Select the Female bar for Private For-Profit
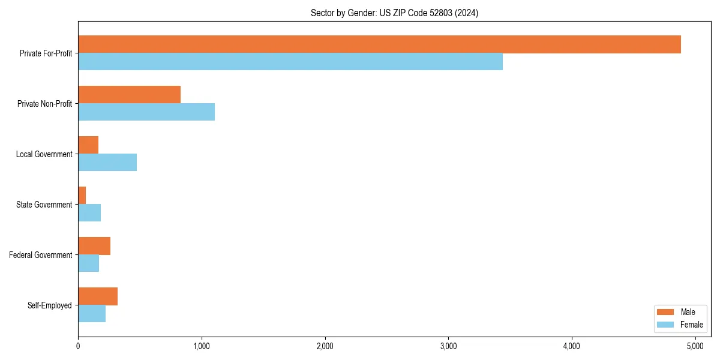(x=290, y=62)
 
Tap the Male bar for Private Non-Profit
(x=129, y=95)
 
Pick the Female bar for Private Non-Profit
(x=146, y=112)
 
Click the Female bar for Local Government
(x=107, y=163)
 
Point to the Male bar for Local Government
(x=88, y=145)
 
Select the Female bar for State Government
(x=89, y=213)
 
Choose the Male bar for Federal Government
(x=94, y=246)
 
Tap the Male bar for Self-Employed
(x=98, y=296)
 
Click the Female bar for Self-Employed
(x=92, y=314)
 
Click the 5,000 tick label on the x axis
(x=695, y=346)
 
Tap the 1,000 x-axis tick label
(x=202, y=346)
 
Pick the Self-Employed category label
(x=50, y=305)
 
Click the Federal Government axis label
(x=41, y=255)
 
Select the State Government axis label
(x=44, y=205)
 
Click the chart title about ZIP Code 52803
(x=394, y=13)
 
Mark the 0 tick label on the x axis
(x=78, y=346)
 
